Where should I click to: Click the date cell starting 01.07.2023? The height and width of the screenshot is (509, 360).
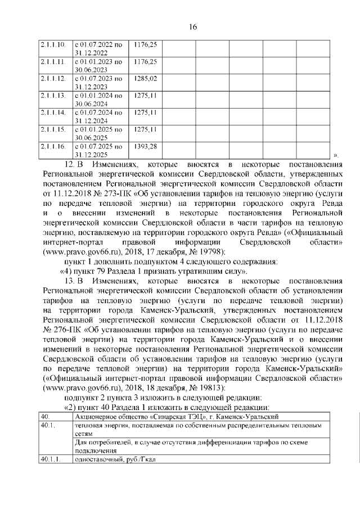point(98,82)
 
